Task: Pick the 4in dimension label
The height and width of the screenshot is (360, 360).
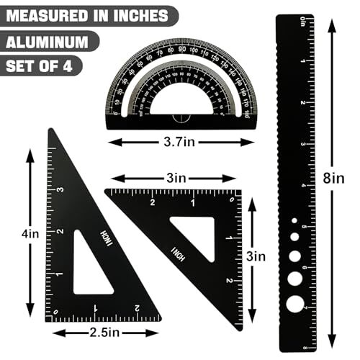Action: click(x=29, y=232)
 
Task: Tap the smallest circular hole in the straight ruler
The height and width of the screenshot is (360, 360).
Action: click(x=294, y=221)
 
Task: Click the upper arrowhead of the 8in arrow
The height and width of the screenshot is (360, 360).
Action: click(x=330, y=24)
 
